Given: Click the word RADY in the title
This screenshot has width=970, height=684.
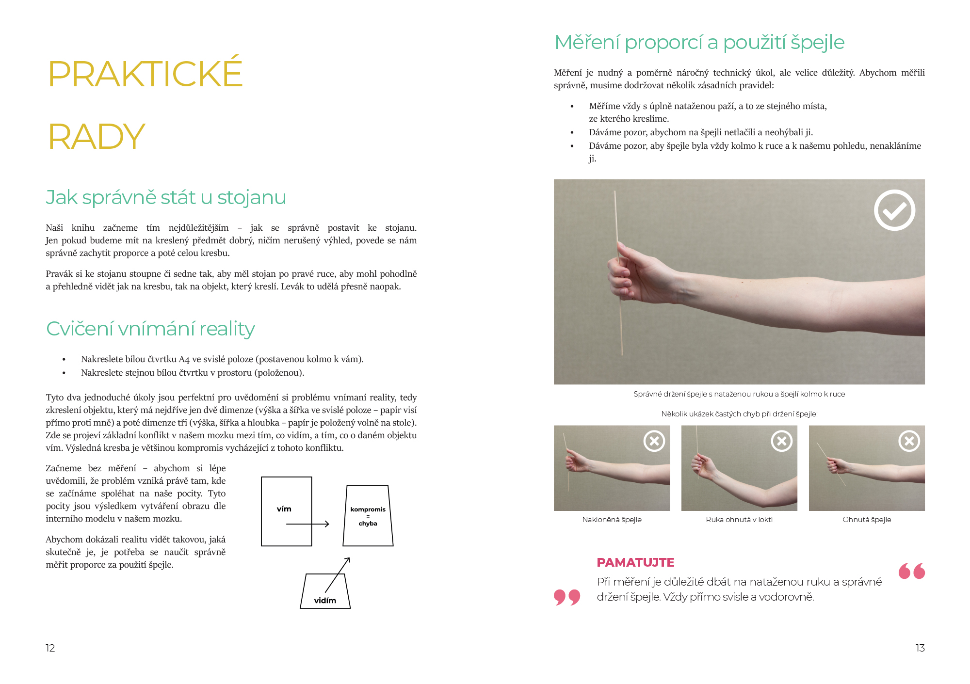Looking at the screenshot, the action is [97, 136].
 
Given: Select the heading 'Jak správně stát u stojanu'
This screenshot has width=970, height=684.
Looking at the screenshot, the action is [166, 198].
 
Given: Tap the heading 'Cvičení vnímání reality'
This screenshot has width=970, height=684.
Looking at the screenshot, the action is [150, 329].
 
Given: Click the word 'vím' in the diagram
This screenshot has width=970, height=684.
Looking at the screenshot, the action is [284, 509].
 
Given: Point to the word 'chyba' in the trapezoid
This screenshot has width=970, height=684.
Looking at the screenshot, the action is [368, 524].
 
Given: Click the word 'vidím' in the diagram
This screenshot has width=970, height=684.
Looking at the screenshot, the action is [325, 601].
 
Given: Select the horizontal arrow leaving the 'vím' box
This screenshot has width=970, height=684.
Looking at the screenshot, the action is [308, 524].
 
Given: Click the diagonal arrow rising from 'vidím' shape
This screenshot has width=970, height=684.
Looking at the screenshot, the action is [338, 575].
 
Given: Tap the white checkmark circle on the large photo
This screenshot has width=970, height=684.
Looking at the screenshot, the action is [894, 210].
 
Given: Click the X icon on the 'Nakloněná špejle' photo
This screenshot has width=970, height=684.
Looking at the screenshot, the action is [654, 441].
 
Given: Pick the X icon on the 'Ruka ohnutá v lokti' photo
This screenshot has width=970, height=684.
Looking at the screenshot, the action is [782, 441].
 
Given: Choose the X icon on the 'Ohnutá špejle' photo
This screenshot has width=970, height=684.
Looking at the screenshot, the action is [909, 441].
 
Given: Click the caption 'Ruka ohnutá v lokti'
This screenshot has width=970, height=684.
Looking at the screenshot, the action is [739, 520].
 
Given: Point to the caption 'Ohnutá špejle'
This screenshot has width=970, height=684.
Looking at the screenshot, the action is [867, 520].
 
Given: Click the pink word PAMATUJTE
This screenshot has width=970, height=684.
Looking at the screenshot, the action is [635, 562].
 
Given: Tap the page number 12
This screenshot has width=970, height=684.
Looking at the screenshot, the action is [50, 648].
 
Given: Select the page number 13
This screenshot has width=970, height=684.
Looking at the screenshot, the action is [920, 648].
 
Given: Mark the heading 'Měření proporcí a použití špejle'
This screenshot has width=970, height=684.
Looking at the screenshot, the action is [699, 43].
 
